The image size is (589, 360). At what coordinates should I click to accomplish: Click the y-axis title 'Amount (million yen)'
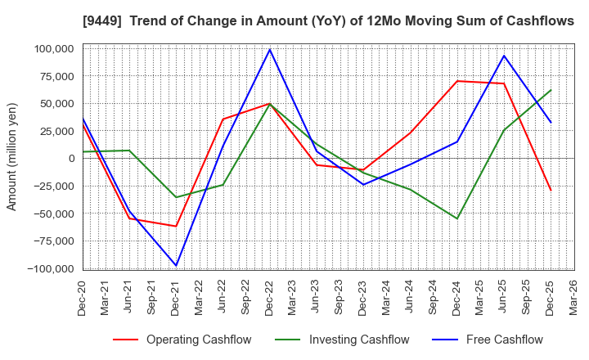[x=12, y=156]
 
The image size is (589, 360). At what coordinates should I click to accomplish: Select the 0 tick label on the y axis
[x=71, y=159]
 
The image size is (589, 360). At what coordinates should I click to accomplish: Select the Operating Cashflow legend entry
[x=182, y=340]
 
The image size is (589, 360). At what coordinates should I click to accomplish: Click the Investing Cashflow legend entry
[x=339, y=340]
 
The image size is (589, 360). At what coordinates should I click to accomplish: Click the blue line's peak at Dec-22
[x=270, y=49]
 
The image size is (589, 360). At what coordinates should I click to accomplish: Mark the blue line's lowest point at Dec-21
[x=176, y=265]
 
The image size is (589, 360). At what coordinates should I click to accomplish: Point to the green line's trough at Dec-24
[x=457, y=218]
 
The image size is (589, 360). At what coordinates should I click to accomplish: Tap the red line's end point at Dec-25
[x=551, y=191]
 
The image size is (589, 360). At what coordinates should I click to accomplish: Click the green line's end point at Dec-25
[x=551, y=90]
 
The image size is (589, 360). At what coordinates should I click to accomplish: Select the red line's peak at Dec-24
[x=457, y=81]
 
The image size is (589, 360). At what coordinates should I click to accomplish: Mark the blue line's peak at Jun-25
[x=504, y=56]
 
